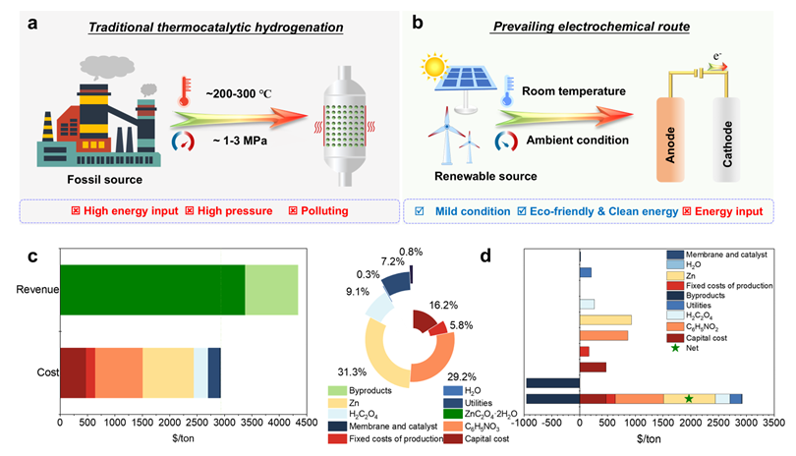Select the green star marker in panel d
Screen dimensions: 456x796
[x=689, y=398]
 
